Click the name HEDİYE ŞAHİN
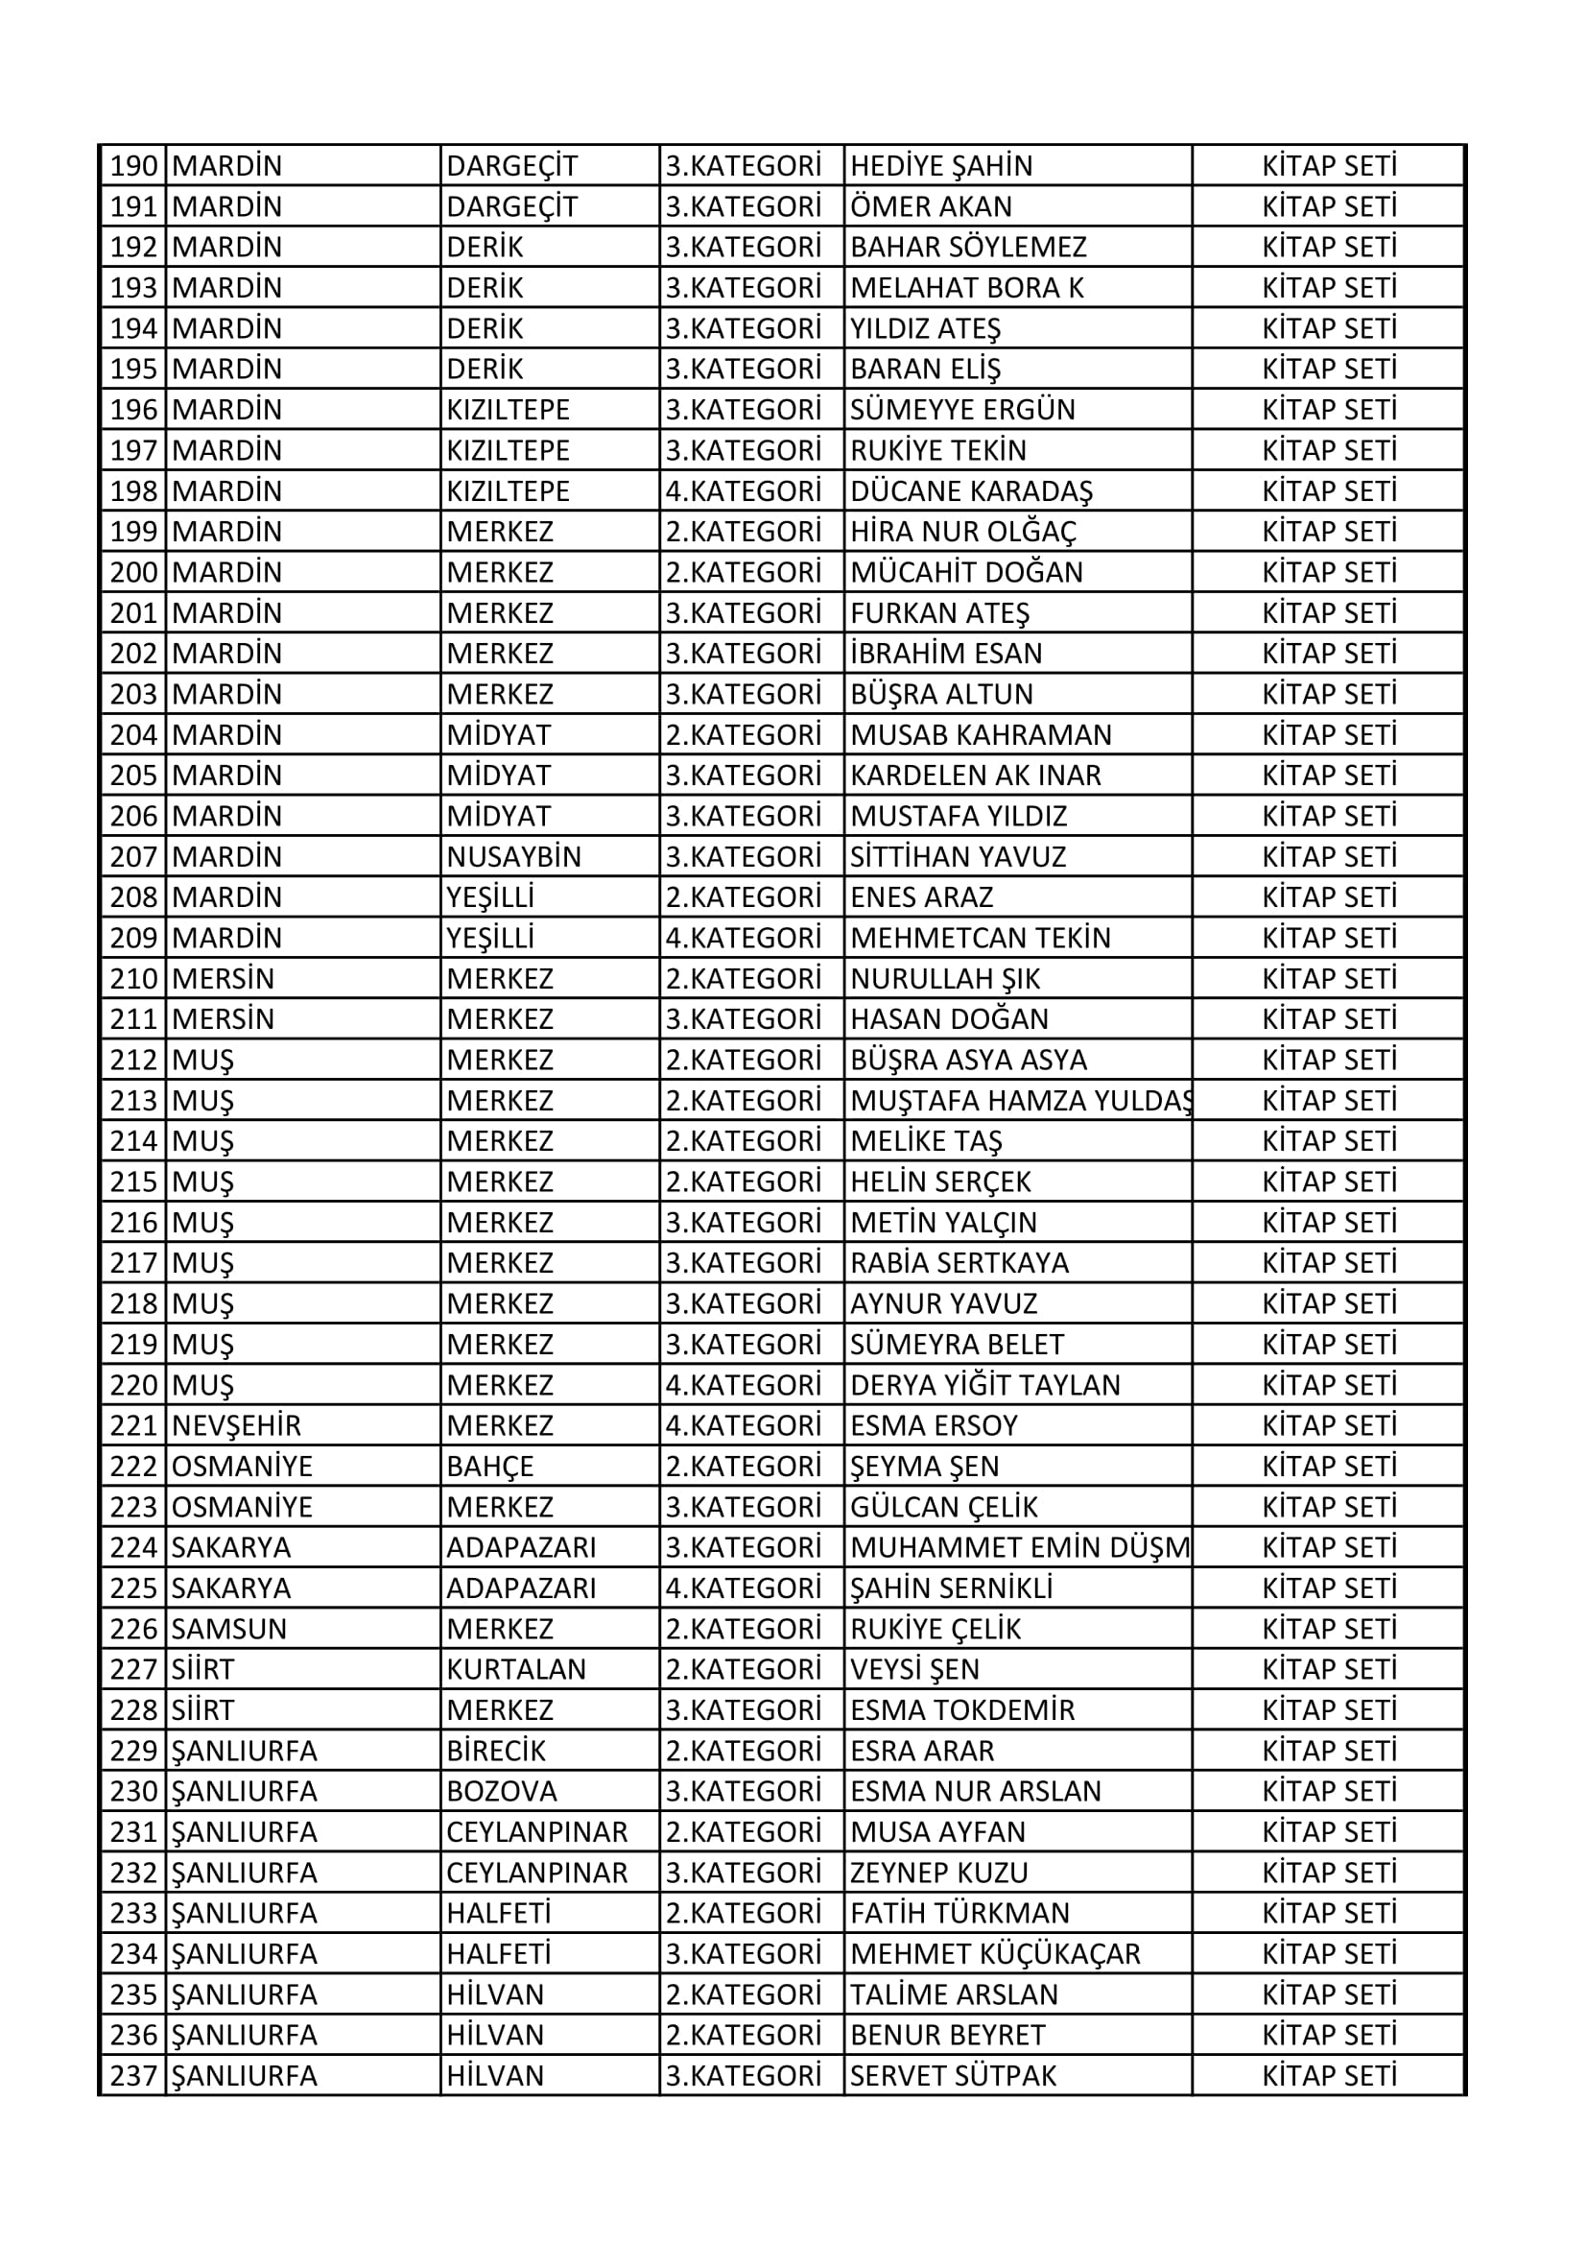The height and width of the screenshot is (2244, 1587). [x=941, y=166]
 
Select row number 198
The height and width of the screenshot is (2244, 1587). [x=134, y=490]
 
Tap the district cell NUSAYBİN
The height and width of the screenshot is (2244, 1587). [x=513, y=857]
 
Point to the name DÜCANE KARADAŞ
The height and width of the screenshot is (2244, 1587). [x=971, y=490]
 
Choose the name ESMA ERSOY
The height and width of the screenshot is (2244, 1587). [x=934, y=1426]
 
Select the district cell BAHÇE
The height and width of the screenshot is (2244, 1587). [x=489, y=1467]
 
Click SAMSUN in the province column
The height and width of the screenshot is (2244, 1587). [x=229, y=1629]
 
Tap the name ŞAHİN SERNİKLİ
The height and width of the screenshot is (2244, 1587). [x=951, y=1588]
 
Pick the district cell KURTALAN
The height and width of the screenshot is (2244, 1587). [x=516, y=1669]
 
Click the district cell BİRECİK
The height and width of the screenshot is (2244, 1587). [x=495, y=1751]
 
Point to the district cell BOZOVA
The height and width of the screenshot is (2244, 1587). [x=501, y=1792]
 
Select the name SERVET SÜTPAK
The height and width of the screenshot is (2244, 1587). [x=953, y=2076]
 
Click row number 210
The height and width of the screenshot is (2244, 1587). [x=134, y=978]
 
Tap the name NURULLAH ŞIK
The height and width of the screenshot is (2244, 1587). [x=945, y=978]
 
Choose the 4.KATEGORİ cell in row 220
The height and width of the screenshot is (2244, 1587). [x=743, y=1385]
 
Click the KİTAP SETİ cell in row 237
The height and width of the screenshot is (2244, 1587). [x=1329, y=2076]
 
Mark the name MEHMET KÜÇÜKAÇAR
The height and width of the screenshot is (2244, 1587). [x=995, y=1954]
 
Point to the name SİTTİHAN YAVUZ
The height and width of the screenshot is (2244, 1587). [x=958, y=857]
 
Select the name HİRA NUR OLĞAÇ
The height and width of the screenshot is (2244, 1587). [x=962, y=532]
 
